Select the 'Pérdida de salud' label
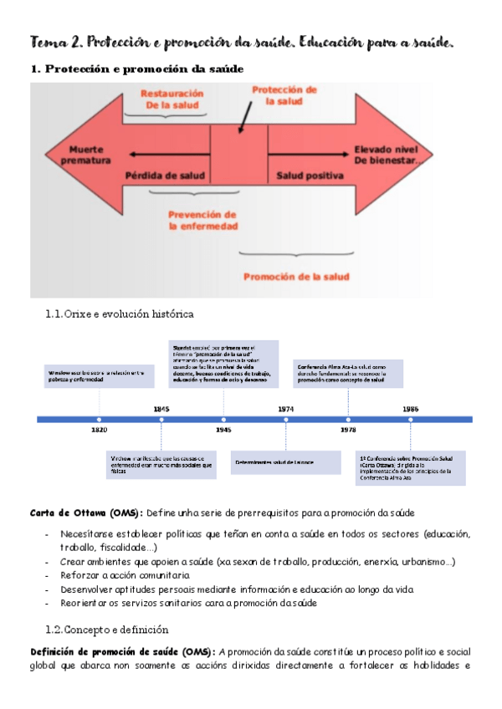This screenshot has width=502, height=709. tap(164, 176)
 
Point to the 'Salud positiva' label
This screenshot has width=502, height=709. tap(310, 176)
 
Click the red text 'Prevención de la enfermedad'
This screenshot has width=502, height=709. tap(202, 219)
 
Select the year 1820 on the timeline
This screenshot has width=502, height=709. tap(99, 430)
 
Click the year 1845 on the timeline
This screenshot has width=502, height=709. tap(161, 408)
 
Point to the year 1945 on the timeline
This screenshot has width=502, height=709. tap(223, 430)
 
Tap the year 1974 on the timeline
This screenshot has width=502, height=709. tap(286, 408)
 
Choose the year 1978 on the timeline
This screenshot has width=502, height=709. tap(348, 430)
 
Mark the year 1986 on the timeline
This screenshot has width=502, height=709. tap(410, 408)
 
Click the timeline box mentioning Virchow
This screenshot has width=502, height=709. tap(161, 465)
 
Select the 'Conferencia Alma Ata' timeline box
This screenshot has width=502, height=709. tap(348, 373)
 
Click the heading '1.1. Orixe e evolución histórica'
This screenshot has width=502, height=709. tap(120, 314)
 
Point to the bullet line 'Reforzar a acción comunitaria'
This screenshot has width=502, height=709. tap(125, 575)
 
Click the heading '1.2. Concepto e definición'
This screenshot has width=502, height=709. tap(108, 630)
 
